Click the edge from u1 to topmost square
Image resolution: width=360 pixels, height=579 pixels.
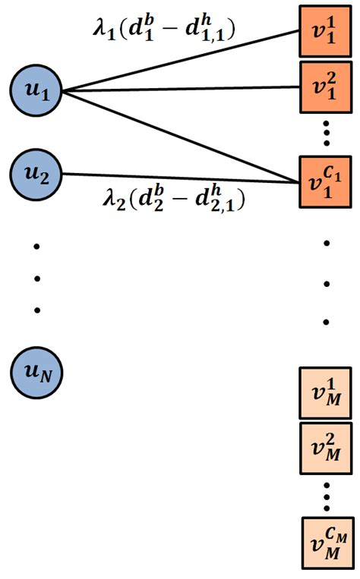pyautogui.click(x=182, y=61)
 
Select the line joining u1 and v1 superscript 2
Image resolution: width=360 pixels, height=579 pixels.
pyautogui.click(x=182, y=90)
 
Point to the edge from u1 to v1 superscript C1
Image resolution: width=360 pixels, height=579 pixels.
pyautogui.click(x=182, y=137)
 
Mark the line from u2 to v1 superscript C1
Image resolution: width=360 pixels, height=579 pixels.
pyautogui.click(x=182, y=178)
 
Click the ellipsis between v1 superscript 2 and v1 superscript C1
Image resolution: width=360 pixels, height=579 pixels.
pyautogui.click(x=327, y=134)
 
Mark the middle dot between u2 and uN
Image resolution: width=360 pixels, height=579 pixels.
pyautogui.click(x=36, y=278)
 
